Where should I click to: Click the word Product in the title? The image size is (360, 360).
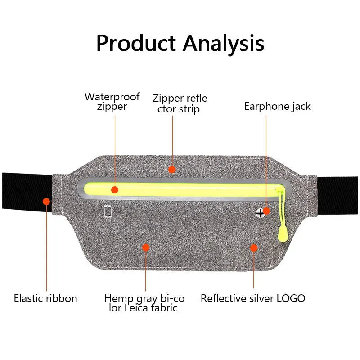136,44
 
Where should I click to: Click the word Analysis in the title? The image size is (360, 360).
223,44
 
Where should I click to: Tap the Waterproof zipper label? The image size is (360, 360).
112,101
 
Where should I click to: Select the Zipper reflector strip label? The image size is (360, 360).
180,103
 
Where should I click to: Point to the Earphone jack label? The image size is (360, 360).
277,107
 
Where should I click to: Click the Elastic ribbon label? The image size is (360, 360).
45,298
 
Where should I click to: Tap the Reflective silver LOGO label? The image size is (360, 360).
253,298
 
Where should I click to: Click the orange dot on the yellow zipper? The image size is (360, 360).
115,190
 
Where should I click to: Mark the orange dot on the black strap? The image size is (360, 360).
46,201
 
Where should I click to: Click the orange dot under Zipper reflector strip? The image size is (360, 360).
171,169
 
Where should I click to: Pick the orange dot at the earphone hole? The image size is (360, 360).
266,210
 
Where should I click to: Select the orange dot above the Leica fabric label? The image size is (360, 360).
145,247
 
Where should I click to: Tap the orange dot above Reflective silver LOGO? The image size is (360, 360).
254,247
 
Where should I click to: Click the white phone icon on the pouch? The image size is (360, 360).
108,211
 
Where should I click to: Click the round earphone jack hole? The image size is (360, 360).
260,212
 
